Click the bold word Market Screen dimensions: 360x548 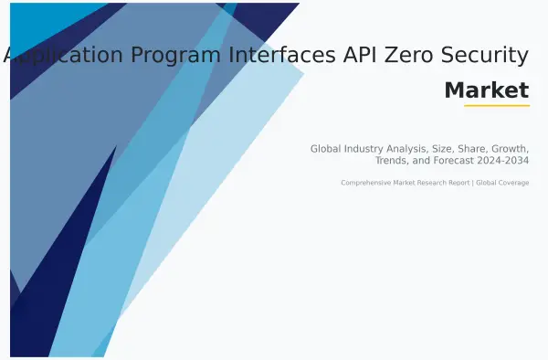(486, 90)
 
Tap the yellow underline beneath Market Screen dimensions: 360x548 (496, 106)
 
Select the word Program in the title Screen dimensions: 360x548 (174, 56)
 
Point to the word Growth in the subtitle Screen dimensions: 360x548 (509, 148)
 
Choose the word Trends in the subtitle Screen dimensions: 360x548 (392, 161)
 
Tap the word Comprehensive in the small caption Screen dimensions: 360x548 (364, 183)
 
